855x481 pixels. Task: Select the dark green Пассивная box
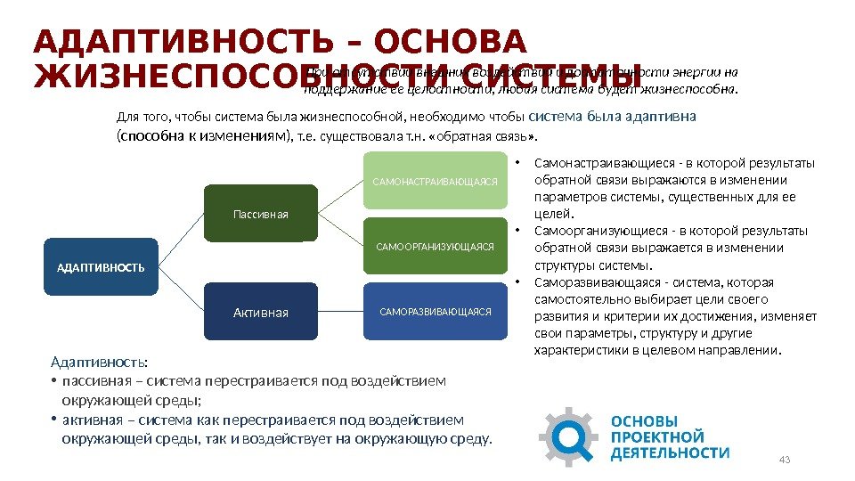[x=261, y=214]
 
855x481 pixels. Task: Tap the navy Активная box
[x=261, y=312]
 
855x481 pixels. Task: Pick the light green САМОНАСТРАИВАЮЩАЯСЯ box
[x=435, y=181]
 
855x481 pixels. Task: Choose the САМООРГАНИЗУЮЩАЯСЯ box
[x=435, y=246]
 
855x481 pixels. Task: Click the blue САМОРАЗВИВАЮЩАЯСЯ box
[x=435, y=312]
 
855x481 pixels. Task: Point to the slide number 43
[x=785, y=460]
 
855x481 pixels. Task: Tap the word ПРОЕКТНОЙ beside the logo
[x=657, y=436]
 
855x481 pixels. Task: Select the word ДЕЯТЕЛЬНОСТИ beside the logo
[x=670, y=452]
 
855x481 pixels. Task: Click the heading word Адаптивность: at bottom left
[x=100, y=363]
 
